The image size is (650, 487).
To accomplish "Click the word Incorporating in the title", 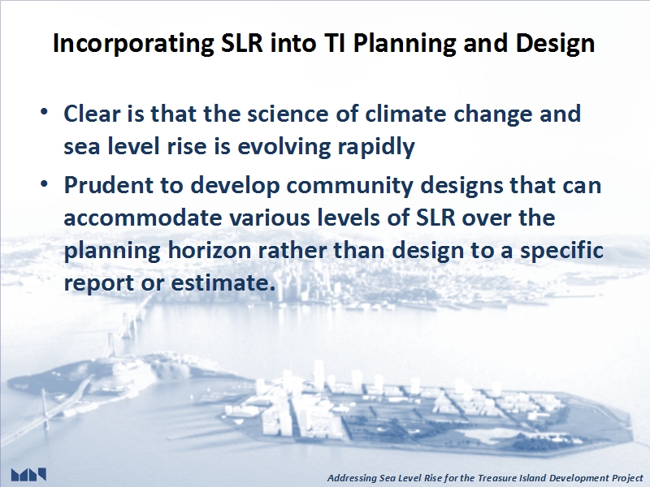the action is coord(133,43).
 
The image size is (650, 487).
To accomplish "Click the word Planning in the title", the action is coord(404,44).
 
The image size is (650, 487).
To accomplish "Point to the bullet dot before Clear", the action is coord(44,112).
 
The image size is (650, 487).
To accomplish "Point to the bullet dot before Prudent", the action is coord(44,183).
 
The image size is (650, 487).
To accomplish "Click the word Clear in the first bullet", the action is coord(92,114).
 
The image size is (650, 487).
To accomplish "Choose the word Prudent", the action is coord(109,185).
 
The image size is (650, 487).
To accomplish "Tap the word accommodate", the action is coord(143,218).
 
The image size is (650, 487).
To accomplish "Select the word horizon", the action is coord(210,250).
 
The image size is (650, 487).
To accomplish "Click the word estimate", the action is coord(223,282).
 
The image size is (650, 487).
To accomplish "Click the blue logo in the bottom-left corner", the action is coord(28,475).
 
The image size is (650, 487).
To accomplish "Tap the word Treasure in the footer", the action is coord(495,478).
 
